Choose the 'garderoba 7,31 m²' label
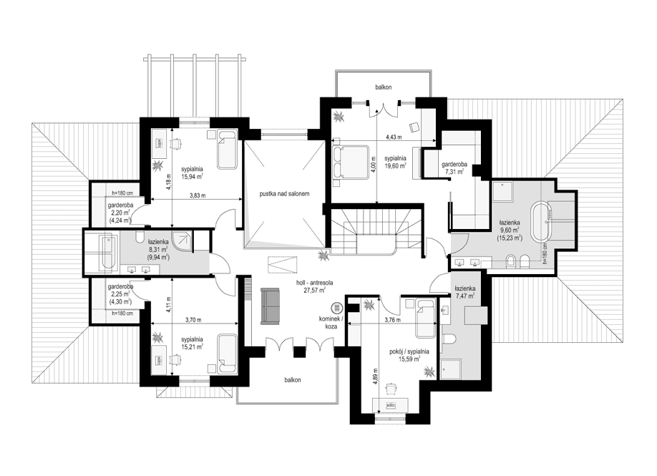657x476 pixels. coord(454,168)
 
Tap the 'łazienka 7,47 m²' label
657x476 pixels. coord(466,290)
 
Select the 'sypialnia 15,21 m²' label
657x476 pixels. coord(192,343)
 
